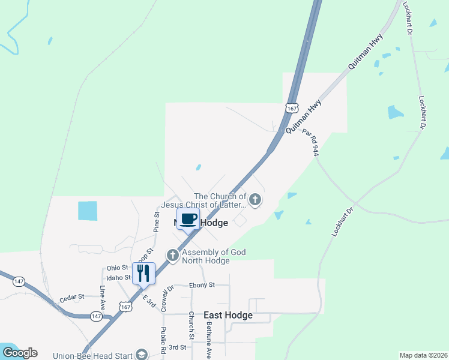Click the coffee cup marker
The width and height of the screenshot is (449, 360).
point(188,219)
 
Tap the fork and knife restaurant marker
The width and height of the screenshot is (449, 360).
point(143,274)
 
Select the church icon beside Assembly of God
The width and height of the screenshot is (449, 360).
point(173,256)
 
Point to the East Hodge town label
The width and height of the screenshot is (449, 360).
point(228,315)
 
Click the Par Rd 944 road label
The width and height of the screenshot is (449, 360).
point(310,142)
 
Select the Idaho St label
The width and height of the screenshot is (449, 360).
point(119,277)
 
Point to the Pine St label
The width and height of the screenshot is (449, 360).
point(157,221)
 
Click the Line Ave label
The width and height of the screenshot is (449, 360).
point(102,298)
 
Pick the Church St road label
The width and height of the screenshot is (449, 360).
point(191,325)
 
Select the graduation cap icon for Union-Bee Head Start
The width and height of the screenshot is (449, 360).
point(142,354)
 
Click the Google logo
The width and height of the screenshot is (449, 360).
point(20,353)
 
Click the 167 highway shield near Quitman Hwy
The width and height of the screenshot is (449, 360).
point(292,108)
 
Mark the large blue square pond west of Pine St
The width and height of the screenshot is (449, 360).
point(88,211)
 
